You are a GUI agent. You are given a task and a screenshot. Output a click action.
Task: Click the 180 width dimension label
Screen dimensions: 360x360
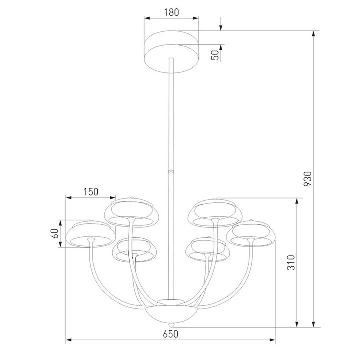click(171, 12)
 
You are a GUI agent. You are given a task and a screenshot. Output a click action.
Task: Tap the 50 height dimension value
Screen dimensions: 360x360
click(215, 55)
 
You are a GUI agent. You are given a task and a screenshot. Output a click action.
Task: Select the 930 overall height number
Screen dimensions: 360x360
click(307, 178)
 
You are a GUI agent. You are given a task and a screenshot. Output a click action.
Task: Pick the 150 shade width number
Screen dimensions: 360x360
click(90, 191)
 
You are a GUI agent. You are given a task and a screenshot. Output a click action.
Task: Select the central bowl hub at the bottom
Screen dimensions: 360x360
click(171, 313)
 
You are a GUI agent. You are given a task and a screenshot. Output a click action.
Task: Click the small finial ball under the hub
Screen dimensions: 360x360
click(171, 325)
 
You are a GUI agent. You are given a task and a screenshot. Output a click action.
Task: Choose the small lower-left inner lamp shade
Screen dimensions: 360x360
click(133, 249)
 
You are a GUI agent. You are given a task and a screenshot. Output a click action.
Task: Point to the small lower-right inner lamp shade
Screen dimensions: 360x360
click(206, 249)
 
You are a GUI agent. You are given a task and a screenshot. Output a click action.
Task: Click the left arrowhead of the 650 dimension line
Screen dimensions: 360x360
click(69, 341)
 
